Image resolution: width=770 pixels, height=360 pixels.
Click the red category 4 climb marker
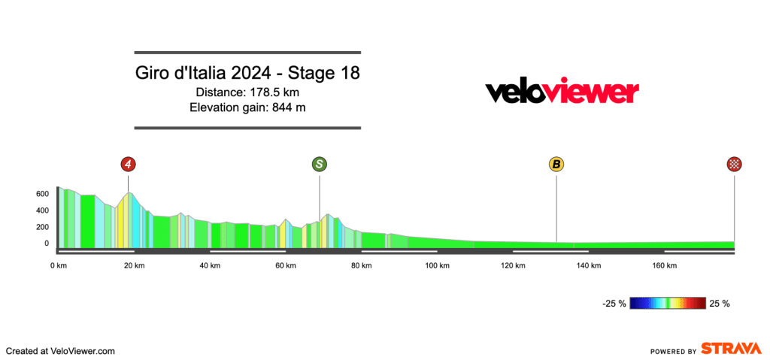(x=128, y=164)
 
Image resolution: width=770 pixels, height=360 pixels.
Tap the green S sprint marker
(x=320, y=164)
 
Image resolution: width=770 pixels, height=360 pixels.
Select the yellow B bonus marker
(x=556, y=164)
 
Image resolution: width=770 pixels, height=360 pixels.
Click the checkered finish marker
(x=735, y=164)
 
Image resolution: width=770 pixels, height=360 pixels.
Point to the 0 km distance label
(x=59, y=265)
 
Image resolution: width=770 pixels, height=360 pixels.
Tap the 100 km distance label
(x=437, y=265)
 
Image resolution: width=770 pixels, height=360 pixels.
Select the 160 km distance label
(x=665, y=265)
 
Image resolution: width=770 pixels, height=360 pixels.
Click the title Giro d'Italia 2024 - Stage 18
(x=247, y=74)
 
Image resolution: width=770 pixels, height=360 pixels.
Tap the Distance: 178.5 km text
(x=247, y=92)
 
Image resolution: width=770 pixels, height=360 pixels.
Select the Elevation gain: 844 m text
(x=247, y=107)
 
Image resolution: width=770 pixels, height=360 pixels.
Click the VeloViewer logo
(x=562, y=92)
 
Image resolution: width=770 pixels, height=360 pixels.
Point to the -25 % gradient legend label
(x=614, y=304)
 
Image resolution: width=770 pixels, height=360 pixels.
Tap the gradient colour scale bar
(x=668, y=304)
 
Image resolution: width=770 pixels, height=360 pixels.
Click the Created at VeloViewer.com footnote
(x=60, y=351)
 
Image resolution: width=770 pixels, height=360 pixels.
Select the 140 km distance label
(x=589, y=265)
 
